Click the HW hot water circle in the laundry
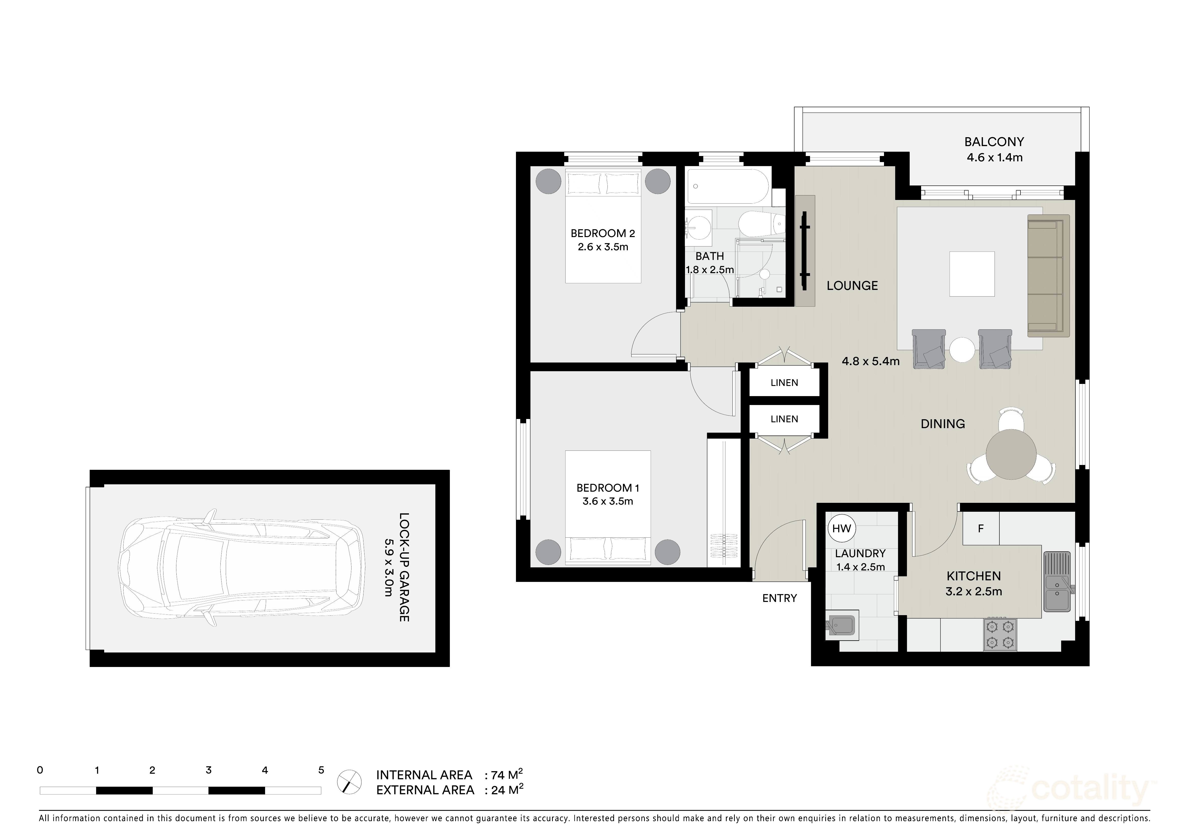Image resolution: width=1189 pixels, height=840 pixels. pyautogui.click(x=842, y=528)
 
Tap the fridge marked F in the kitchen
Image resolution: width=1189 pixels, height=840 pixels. pyautogui.click(x=980, y=528)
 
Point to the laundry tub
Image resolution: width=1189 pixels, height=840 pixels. pyautogui.click(x=843, y=626)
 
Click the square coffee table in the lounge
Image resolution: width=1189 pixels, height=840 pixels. pyautogui.click(x=971, y=274)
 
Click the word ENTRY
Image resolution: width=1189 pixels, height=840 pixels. pyautogui.click(x=779, y=598)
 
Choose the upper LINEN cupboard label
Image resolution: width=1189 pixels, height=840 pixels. pyautogui.click(x=784, y=383)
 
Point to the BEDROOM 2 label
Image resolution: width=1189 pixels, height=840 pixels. pyautogui.click(x=602, y=234)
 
